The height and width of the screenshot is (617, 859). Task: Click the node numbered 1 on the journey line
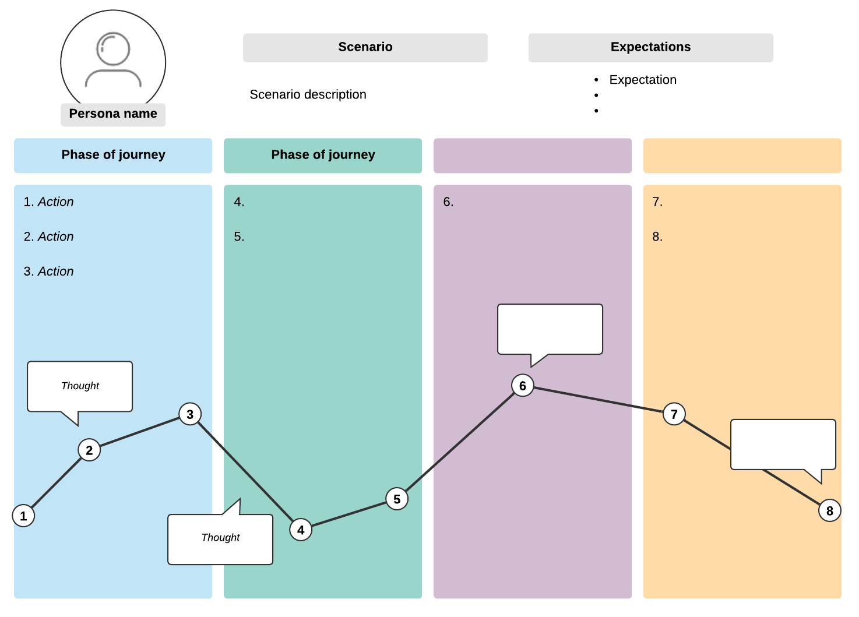(x=23, y=516)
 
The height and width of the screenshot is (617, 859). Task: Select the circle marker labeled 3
(x=190, y=414)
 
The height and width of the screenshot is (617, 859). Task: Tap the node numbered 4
(x=301, y=530)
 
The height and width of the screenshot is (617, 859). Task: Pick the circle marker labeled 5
(x=397, y=499)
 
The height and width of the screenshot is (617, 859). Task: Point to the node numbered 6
(x=523, y=386)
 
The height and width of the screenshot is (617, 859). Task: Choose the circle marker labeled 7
(x=674, y=414)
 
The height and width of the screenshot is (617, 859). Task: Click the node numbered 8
(x=830, y=511)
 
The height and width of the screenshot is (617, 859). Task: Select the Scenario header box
(x=365, y=47)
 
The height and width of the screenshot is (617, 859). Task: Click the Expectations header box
(x=650, y=47)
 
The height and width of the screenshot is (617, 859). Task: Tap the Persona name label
(x=113, y=114)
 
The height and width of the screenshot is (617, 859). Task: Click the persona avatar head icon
(x=113, y=49)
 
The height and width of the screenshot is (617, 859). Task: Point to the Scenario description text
(x=308, y=94)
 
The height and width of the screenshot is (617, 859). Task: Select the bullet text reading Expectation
(x=643, y=80)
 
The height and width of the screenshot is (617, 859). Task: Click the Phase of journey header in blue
(x=113, y=155)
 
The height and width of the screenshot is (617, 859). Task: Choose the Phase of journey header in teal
(x=323, y=155)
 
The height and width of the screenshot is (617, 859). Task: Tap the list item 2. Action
(x=49, y=237)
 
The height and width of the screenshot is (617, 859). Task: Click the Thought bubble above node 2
(x=80, y=386)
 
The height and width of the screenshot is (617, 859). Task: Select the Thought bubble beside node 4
(x=220, y=538)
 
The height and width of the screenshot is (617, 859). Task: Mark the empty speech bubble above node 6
(x=550, y=329)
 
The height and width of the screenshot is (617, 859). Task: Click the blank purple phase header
(x=533, y=155)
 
